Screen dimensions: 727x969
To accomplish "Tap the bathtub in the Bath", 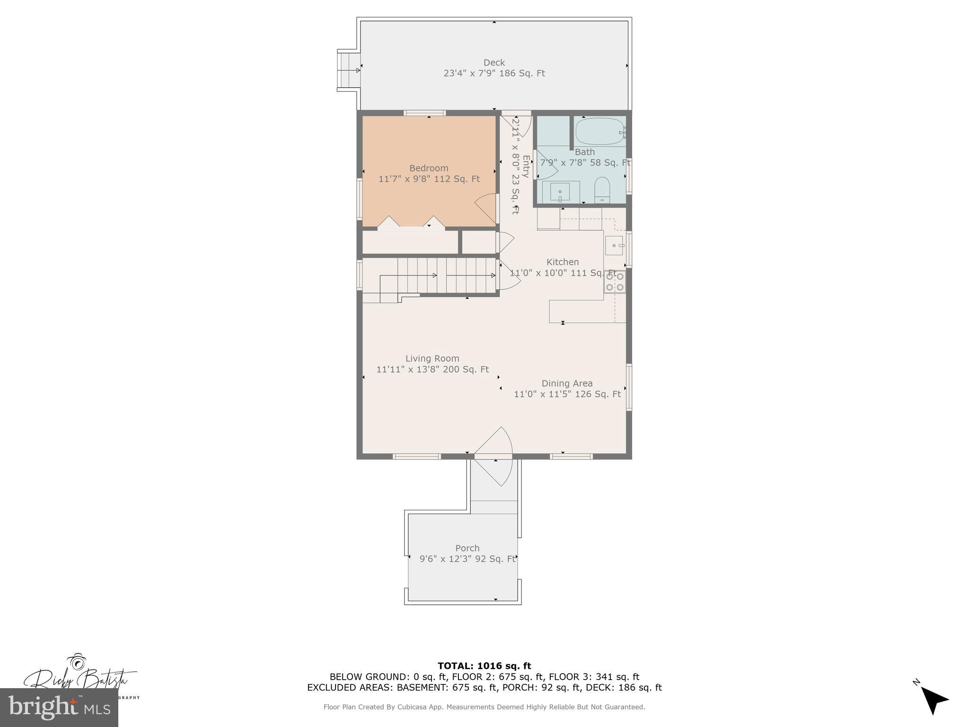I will (599, 131).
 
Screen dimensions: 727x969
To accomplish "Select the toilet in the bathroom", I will (602, 189).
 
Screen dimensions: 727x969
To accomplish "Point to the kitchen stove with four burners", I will (615, 282).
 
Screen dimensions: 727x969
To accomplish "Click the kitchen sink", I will (614, 246).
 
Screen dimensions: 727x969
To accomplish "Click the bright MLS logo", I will (59, 707).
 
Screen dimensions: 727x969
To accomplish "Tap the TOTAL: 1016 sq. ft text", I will (484, 666).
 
